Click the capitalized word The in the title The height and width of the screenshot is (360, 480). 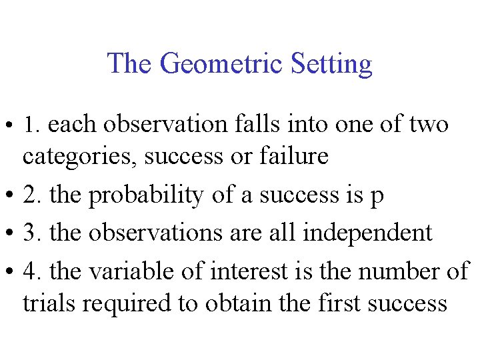coord(131,64)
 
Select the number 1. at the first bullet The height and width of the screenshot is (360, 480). coord(33,125)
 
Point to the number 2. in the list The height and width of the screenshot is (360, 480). coord(33,195)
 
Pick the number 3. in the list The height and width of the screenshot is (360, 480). coord(33,233)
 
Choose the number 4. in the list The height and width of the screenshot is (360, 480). coord(33,271)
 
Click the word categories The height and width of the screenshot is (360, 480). coord(79,157)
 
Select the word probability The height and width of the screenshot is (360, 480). coord(144,195)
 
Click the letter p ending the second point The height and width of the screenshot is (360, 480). coord(377,197)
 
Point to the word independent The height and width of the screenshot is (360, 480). coord(367,233)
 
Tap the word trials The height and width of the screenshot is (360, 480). coord(49,303)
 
